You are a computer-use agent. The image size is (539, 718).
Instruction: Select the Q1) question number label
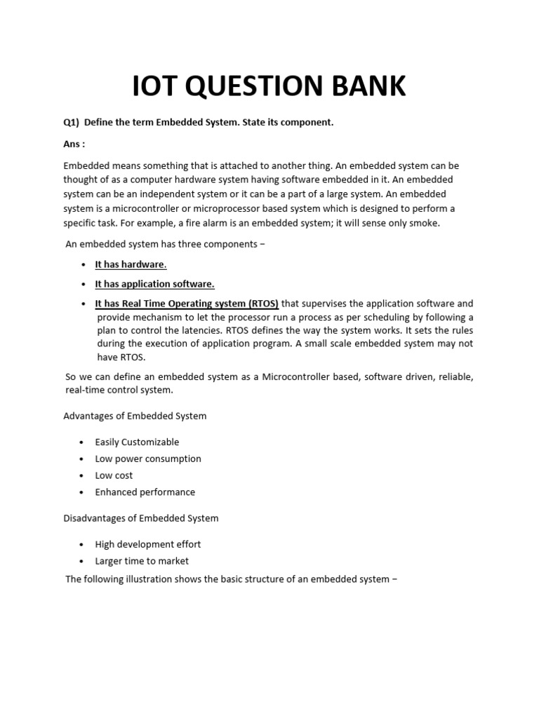coord(72,122)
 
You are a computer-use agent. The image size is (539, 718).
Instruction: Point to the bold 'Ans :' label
coord(74,143)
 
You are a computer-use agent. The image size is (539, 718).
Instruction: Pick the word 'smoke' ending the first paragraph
coord(422,223)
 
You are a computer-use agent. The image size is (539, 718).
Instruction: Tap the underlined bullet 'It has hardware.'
coord(131,264)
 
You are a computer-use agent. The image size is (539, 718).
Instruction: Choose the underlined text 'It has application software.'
coord(154,284)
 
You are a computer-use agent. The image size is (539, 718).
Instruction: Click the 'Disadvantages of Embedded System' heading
coord(141,518)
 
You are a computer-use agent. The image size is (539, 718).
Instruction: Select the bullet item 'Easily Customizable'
coord(137,442)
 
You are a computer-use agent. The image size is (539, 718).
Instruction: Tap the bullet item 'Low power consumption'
coord(148,459)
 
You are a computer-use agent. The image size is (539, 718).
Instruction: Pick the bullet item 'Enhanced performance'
coord(145,492)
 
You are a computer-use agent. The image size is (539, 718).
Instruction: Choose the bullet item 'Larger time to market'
coord(142,561)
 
